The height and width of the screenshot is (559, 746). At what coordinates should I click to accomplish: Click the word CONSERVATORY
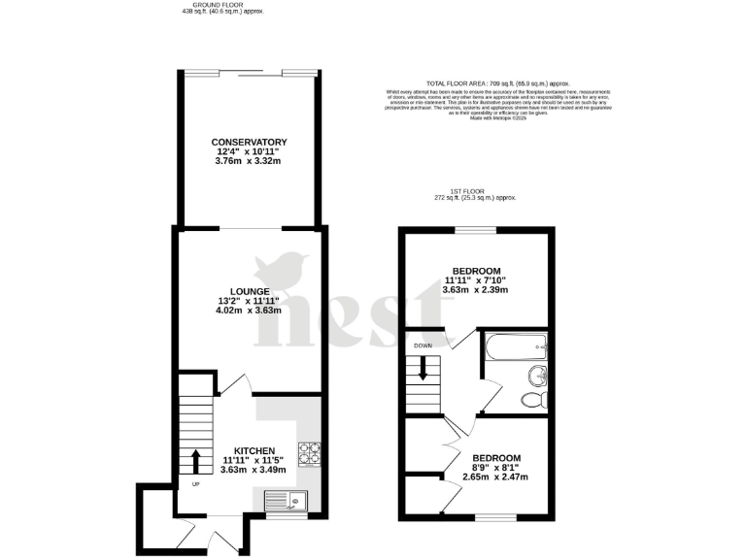(249, 142)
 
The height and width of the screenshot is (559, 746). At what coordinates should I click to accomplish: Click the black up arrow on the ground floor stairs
(196, 461)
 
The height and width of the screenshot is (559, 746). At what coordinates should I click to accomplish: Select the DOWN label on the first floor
(423, 345)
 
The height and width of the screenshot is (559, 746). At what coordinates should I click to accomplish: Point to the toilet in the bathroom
(532, 399)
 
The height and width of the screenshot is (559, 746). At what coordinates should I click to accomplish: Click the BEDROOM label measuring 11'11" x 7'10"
(476, 270)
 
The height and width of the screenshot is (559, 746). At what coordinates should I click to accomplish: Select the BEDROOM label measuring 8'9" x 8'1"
(496, 458)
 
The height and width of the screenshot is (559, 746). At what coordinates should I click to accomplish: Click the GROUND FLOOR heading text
(222, 5)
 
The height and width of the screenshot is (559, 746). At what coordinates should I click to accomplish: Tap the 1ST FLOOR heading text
(475, 190)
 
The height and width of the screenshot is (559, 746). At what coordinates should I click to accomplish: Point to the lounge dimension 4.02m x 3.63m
(250, 311)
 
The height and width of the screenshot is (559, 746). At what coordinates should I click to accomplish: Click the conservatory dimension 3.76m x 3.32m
(249, 161)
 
